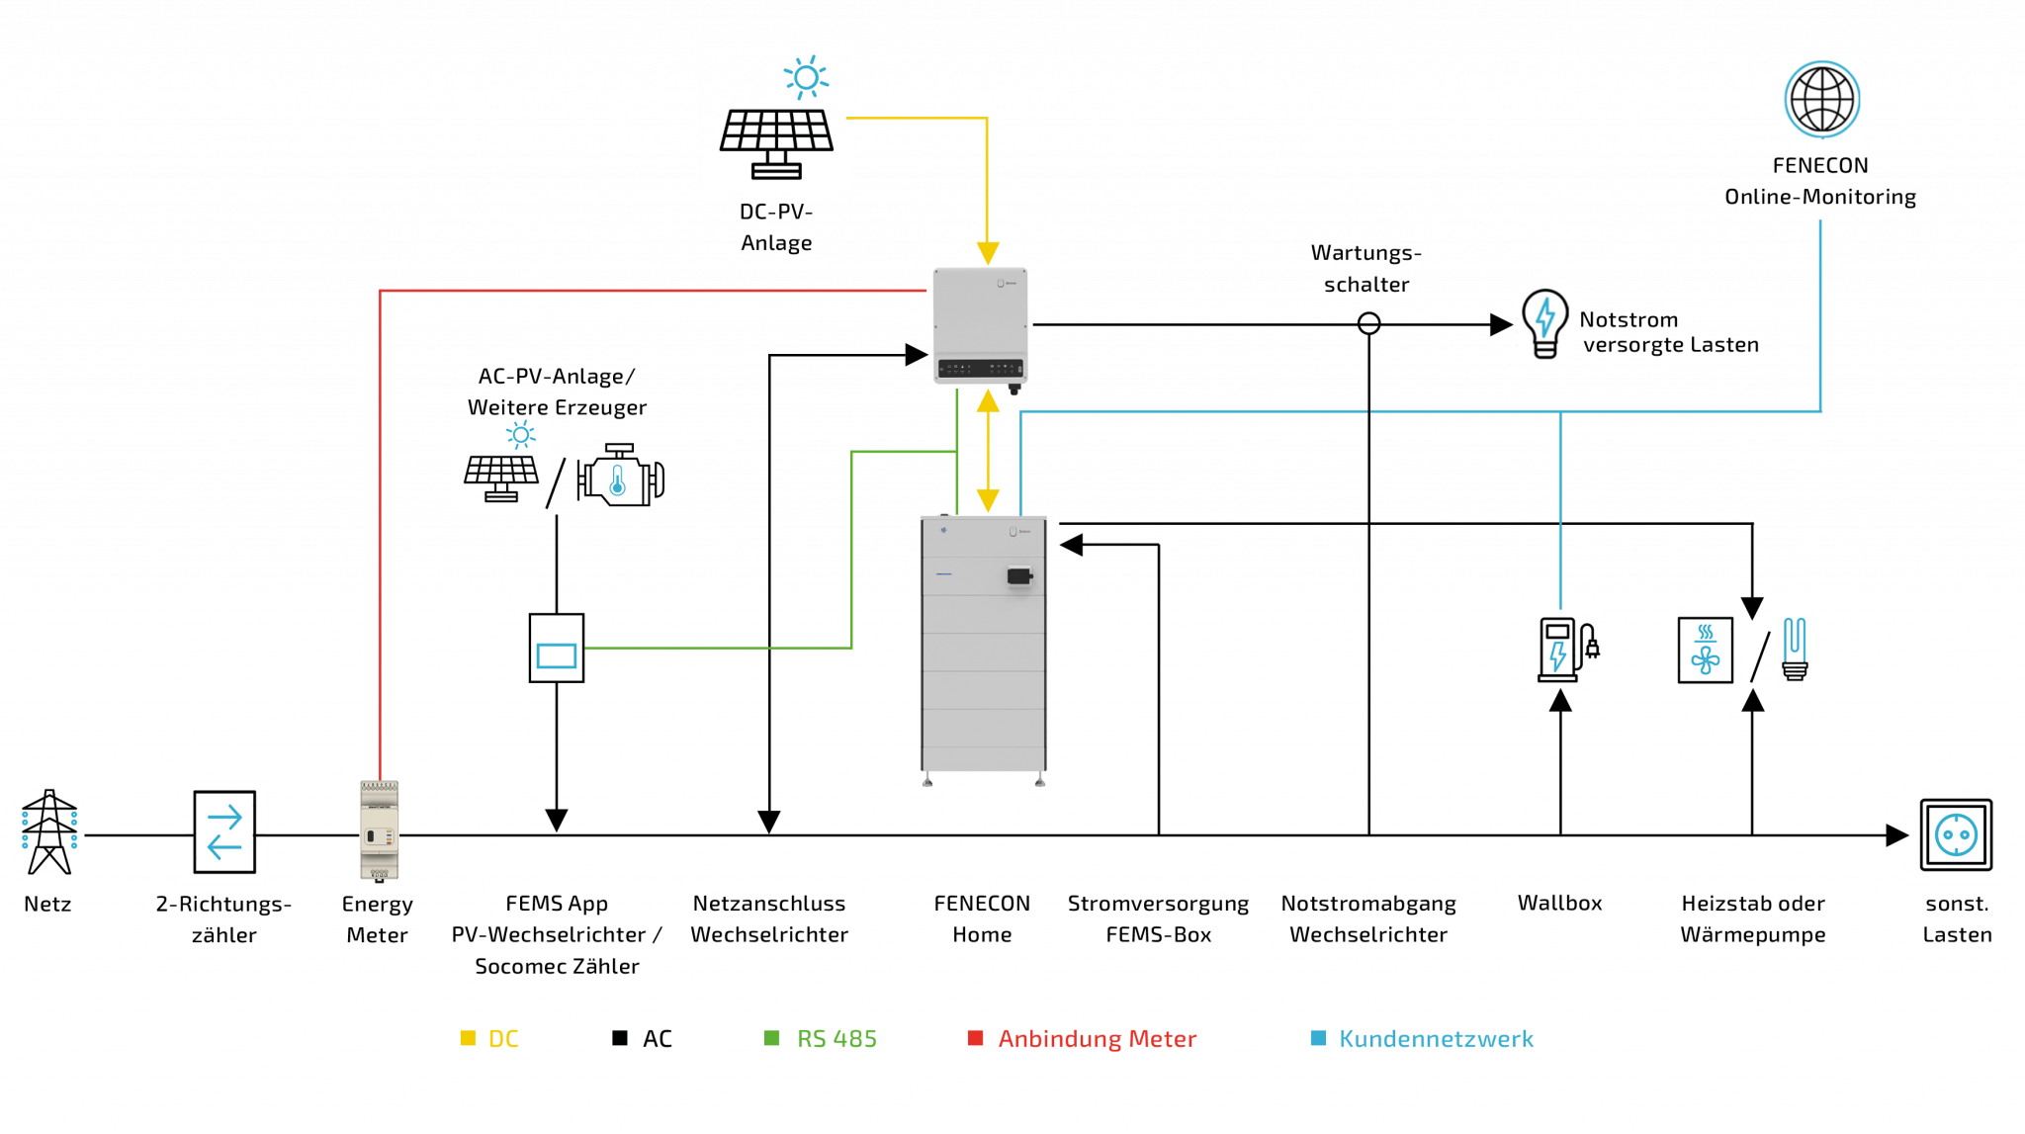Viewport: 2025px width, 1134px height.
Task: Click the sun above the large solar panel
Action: point(806,77)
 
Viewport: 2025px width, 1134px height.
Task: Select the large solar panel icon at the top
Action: point(777,141)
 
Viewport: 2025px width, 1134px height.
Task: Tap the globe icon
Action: point(1821,98)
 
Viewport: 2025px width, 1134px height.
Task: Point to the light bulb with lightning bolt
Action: point(1544,322)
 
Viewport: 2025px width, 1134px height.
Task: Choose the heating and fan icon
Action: point(1706,651)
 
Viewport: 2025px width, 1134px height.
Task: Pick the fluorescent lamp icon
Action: point(1795,650)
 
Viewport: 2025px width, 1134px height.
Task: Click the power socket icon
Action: point(1956,835)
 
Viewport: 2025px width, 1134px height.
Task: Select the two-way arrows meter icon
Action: point(224,831)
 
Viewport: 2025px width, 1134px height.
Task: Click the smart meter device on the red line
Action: point(379,830)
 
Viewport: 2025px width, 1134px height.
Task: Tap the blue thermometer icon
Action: point(620,480)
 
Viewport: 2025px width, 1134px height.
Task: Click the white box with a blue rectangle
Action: point(557,649)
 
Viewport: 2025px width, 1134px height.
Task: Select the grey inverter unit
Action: point(981,325)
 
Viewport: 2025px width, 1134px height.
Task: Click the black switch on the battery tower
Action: point(1019,574)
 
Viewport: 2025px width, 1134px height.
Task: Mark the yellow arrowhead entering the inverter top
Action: point(988,252)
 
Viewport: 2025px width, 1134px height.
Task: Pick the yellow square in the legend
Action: point(469,1037)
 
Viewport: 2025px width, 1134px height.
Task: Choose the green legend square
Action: point(773,1037)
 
